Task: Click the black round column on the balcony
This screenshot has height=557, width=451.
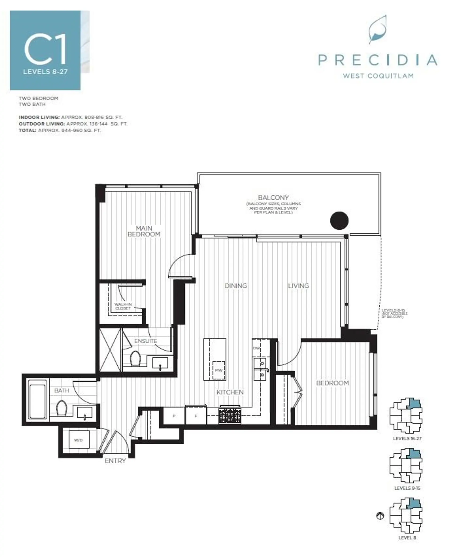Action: point(339,221)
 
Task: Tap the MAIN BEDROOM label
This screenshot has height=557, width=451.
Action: point(144,231)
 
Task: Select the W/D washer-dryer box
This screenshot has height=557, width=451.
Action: point(78,440)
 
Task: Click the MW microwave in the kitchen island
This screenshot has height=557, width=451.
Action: point(218,370)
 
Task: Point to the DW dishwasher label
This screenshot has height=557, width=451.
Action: point(256,348)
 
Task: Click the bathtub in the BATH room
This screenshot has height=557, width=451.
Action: point(38,400)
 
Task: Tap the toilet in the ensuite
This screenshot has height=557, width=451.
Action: point(135,358)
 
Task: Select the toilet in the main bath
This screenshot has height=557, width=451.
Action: point(62,408)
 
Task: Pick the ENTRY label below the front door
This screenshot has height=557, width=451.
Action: point(115,461)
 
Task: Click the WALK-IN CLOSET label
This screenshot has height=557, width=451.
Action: point(123,306)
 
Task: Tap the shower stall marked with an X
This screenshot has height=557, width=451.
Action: point(110,350)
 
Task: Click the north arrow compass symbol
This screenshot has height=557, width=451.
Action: point(380,515)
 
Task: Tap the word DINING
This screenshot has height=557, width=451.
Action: point(235,286)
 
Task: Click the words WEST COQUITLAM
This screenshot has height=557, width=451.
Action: point(378,76)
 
